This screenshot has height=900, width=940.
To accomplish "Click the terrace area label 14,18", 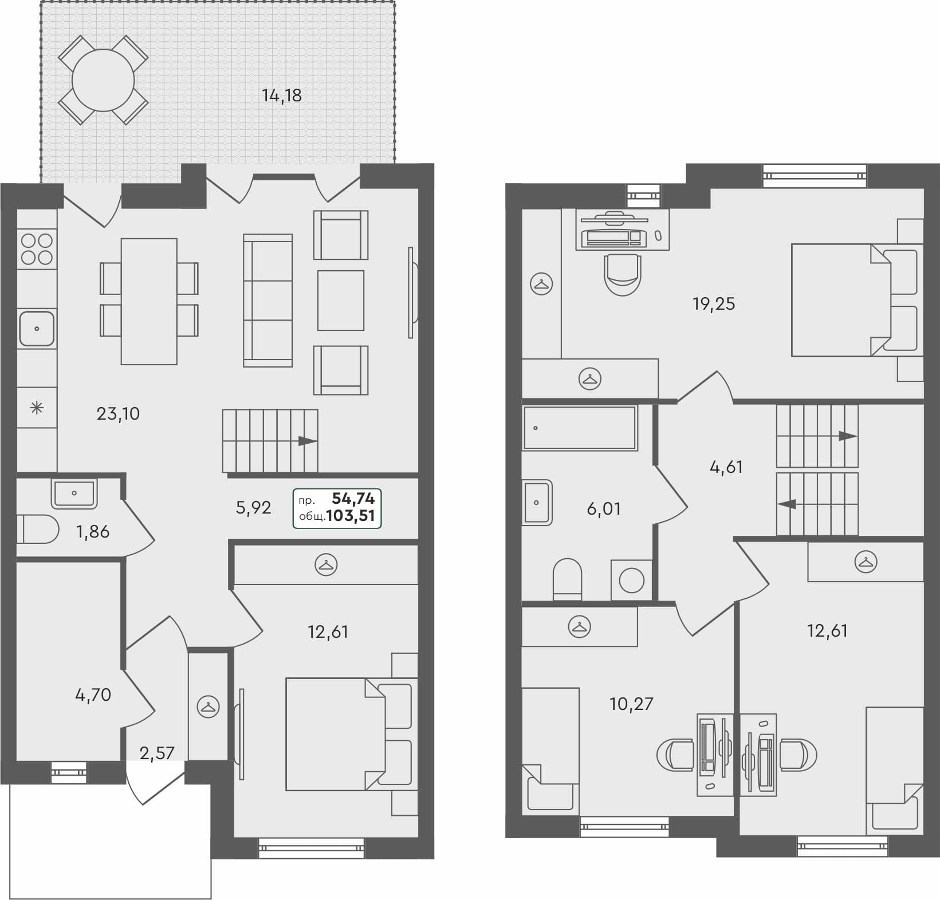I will (281, 96).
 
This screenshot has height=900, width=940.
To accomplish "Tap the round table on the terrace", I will (103, 80).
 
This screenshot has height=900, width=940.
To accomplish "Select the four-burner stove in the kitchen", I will (37, 250).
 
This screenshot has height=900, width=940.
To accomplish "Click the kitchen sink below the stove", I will (37, 329).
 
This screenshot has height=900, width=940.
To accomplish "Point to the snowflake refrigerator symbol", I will (37, 408).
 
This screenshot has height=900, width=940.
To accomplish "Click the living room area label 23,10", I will (118, 413).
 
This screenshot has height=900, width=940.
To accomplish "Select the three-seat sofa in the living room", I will (268, 300).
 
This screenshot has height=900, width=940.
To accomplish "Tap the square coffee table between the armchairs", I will (341, 300).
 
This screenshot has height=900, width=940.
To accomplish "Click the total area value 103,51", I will (350, 516).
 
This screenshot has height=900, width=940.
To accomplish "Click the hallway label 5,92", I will (253, 507).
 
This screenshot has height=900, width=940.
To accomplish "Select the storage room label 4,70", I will (93, 695).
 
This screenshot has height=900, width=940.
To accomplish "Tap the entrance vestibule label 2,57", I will (156, 753).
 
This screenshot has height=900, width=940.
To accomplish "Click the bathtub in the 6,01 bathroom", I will (580, 428).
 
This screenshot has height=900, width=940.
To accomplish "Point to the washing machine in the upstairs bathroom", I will (631, 581).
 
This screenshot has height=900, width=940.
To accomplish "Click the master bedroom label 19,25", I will (713, 303).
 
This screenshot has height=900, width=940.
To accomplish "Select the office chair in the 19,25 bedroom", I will (623, 275).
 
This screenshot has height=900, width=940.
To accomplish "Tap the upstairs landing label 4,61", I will (726, 467).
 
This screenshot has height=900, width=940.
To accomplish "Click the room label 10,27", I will (631, 703).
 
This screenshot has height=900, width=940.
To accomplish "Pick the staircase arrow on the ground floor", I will (308, 441).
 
